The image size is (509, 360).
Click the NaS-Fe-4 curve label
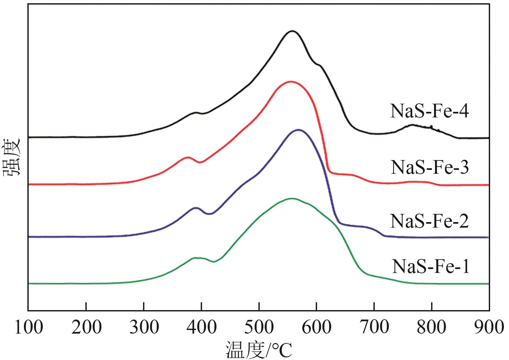coord(429,112)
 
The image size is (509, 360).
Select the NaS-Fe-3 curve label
coord(429,168)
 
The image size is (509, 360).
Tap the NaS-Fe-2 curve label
coord(429,221)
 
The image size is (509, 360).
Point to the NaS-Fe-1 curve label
coord(431,266)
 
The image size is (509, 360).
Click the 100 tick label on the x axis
coord(29,327)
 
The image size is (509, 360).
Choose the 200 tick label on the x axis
coord(86,327)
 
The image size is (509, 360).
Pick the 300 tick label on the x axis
coord(144,327)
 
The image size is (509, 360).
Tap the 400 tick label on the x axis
coord(201,327)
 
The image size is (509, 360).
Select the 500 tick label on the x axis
coord(259,327)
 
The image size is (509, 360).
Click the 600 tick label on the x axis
coord(316,327)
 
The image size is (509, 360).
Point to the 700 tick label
coord(374,327)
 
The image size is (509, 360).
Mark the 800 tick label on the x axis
coord(432,327)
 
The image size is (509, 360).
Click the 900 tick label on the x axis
coord(489,327)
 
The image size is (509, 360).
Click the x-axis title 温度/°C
coord(259,350)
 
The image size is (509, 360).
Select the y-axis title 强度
coord(12,157)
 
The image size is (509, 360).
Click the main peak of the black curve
coord(292,31)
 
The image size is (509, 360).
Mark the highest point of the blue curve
coord(298,130)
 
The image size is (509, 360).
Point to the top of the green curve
coord(292,198)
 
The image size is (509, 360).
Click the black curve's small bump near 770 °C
coord(413,125)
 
